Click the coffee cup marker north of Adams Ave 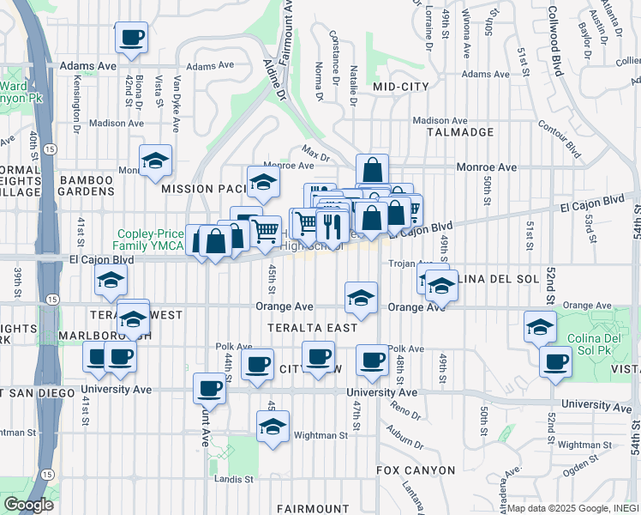pos(130,38)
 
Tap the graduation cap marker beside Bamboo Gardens pos(156,161)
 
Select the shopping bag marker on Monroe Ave pos(372,170)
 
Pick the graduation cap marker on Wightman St pos(273,427)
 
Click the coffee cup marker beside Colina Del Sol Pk pos(555,360)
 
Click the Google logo pos(28,505)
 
